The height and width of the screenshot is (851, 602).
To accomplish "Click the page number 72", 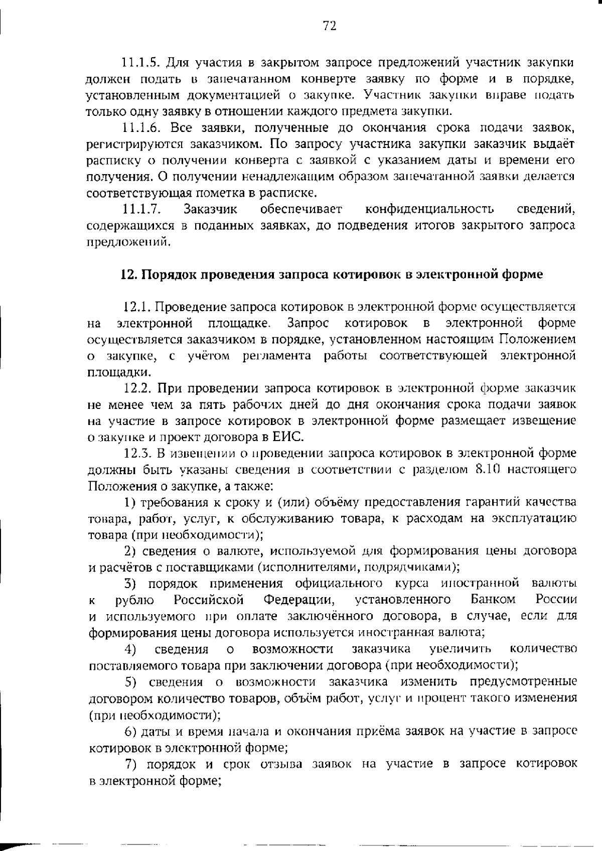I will point(329,26).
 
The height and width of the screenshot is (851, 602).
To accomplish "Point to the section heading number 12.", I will point(128,274).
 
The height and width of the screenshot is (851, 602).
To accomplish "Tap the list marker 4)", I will point(131,649).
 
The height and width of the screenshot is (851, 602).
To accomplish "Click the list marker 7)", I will point(131,764).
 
